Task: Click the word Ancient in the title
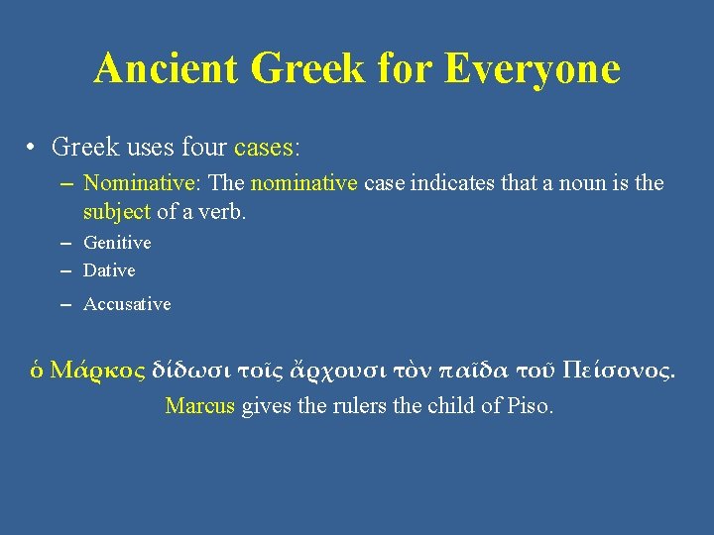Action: (x=167, y=68)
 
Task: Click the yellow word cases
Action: (x=264, y=149)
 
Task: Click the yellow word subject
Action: (x=117, y=211)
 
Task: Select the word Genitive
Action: (x=117, y=243)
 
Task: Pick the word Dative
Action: (x=109, y=270)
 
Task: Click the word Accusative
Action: (x=127, y=304)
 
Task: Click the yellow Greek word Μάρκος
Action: (x=97, y=371)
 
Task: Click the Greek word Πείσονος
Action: (x=617, y=371)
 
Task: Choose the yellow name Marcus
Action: (x=199, y=406)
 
